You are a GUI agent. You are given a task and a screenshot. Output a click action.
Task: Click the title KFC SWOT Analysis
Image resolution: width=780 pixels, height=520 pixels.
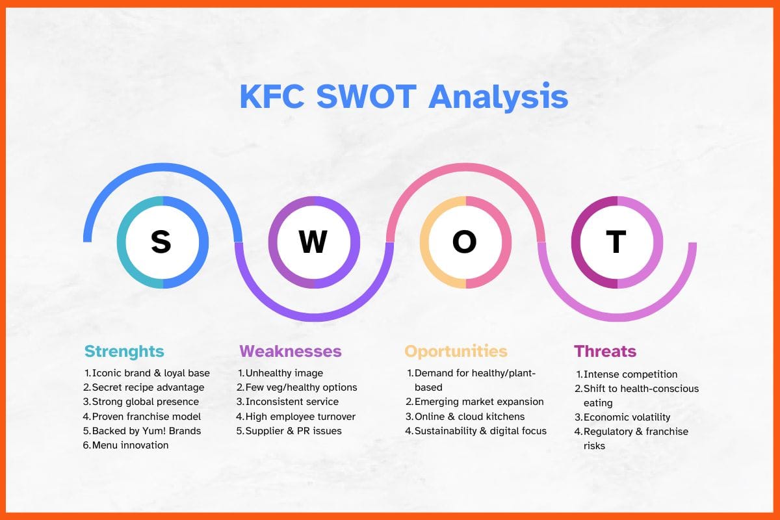[x=403, y=96]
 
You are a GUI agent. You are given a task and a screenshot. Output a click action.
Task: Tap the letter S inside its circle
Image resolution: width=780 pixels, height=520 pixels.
[x=161, y=242]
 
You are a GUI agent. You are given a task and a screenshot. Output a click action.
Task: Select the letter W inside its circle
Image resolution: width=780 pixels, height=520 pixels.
[x=313, y=242]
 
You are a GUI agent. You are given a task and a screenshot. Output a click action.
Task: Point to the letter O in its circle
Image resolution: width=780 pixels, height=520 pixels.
[x=464, y=242]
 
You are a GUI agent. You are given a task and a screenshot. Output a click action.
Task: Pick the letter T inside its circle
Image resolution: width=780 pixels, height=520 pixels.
[x=616, y=242]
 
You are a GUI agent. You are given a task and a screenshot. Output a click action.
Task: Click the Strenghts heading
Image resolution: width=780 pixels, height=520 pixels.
[x=124, y=352]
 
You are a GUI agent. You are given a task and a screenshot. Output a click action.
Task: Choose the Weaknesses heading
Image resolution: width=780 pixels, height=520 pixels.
[x=290, y=352]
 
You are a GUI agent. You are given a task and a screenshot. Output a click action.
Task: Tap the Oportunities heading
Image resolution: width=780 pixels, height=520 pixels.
[x=455, y=352]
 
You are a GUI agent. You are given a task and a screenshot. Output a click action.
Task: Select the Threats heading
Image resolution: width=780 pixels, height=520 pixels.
[x=604, y=352]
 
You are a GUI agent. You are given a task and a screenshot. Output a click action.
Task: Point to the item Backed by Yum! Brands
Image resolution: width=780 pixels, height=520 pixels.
[x=146, y=430]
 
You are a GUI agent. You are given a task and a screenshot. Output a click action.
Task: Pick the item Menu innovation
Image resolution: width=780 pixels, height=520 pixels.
[x=130, y=445]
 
